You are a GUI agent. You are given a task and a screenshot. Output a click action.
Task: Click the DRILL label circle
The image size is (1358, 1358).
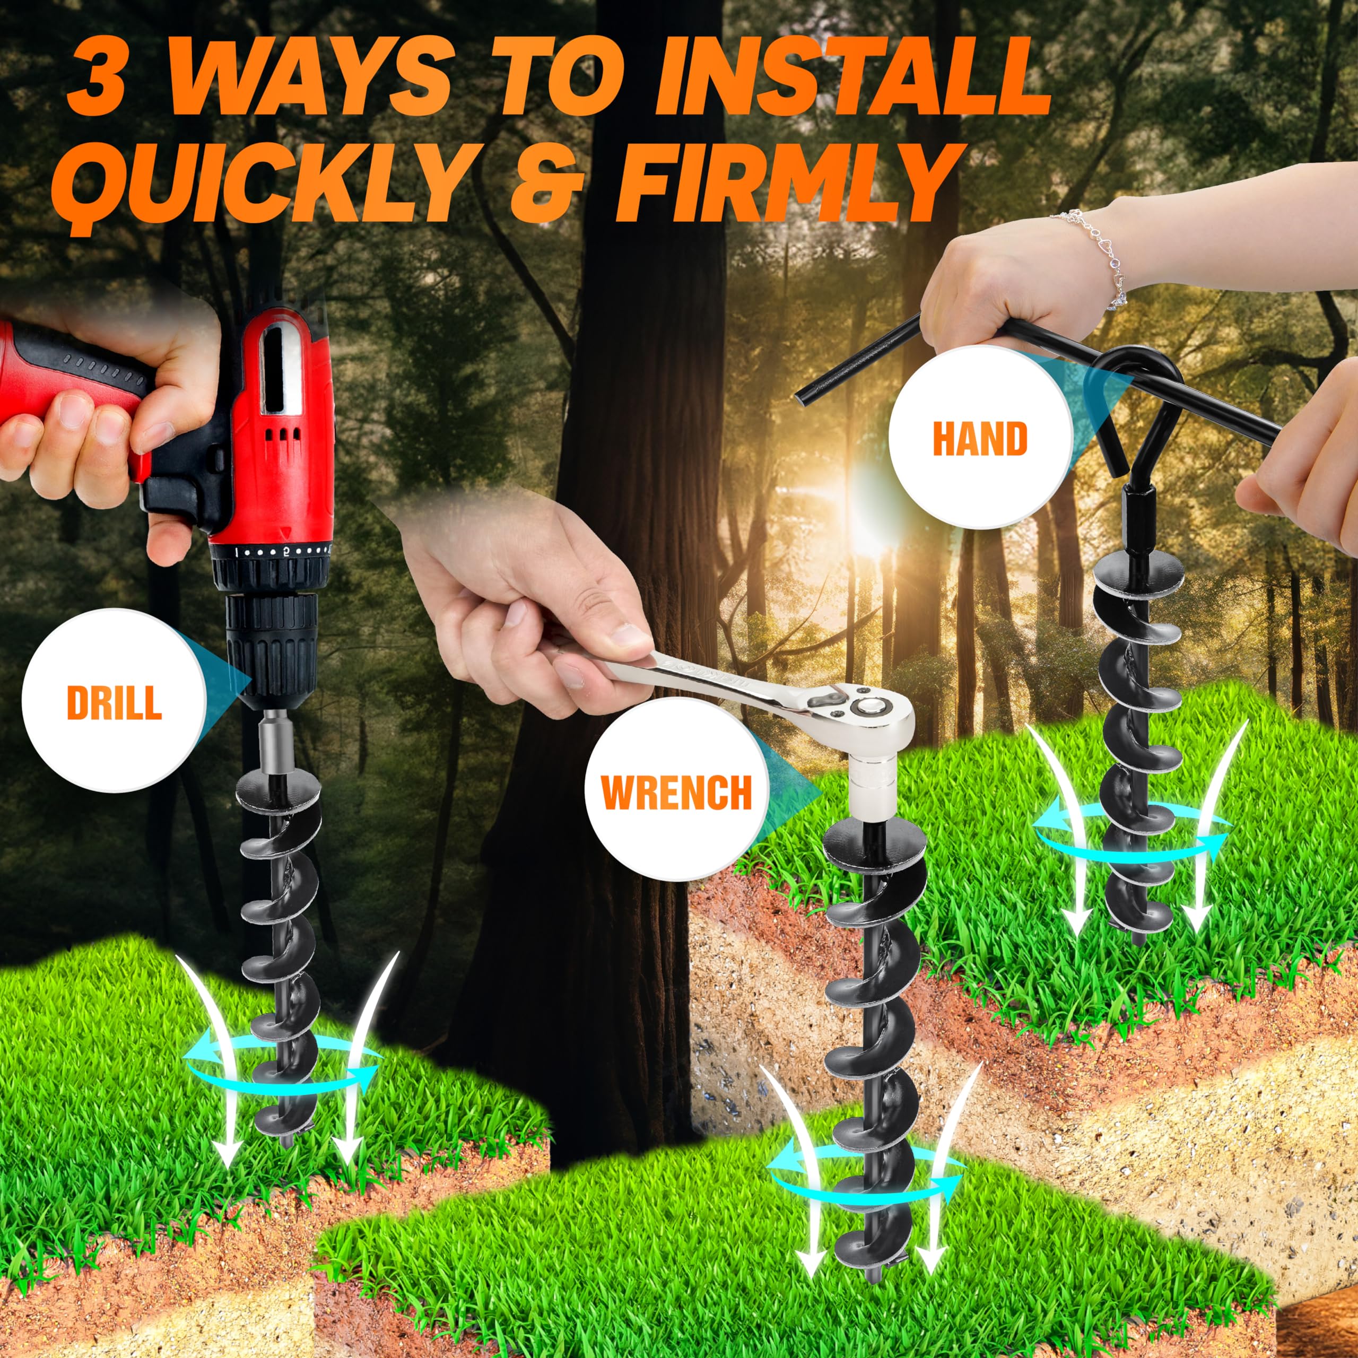[x=114, y=701]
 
